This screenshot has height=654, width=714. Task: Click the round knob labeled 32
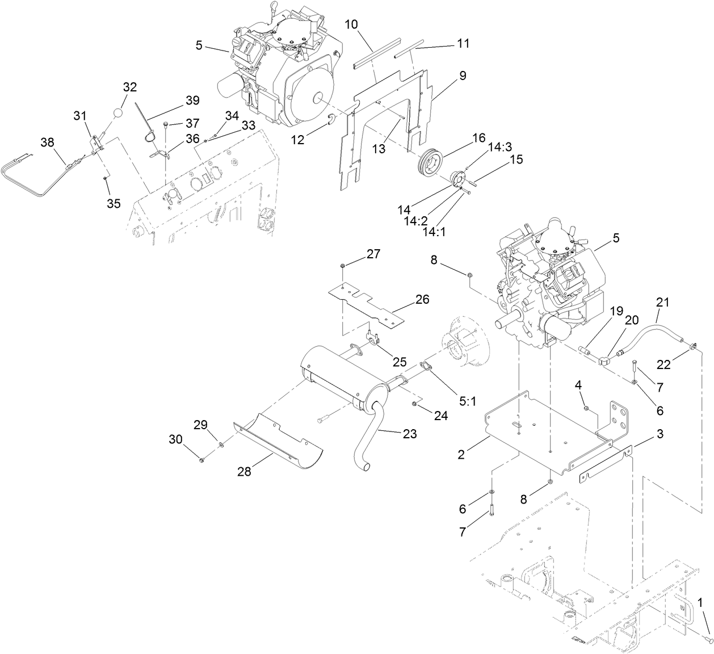[x=118, y=112]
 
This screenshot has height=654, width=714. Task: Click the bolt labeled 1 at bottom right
[x=707, y=639]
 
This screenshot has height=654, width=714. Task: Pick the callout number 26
[x=422, y=299]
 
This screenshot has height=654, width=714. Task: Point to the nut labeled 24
[x=415, y=404]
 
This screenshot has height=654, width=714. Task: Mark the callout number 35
[x=114, y=204]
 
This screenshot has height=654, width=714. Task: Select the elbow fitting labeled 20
[x=604, y=359]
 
